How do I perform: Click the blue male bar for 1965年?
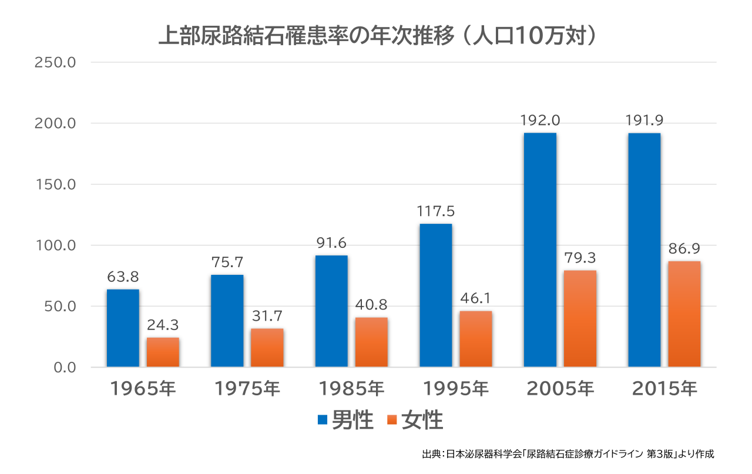point(123,328)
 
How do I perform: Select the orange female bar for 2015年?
point(684,314)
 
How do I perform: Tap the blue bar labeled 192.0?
point(540,250)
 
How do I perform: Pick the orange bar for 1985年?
point(371,342)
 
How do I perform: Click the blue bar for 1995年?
point(435,295)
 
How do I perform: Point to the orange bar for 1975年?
point(267,348)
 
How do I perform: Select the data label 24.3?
point(163,325)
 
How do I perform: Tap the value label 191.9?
point(644,120)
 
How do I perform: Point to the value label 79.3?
point(580,258)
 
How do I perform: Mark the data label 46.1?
point(475,298)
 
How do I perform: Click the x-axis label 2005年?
point(560,389)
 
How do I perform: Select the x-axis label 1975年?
point(247,389)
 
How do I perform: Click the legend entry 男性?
point(352,421)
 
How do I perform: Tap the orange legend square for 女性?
point(392,420)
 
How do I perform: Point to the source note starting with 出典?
point(568,454)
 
